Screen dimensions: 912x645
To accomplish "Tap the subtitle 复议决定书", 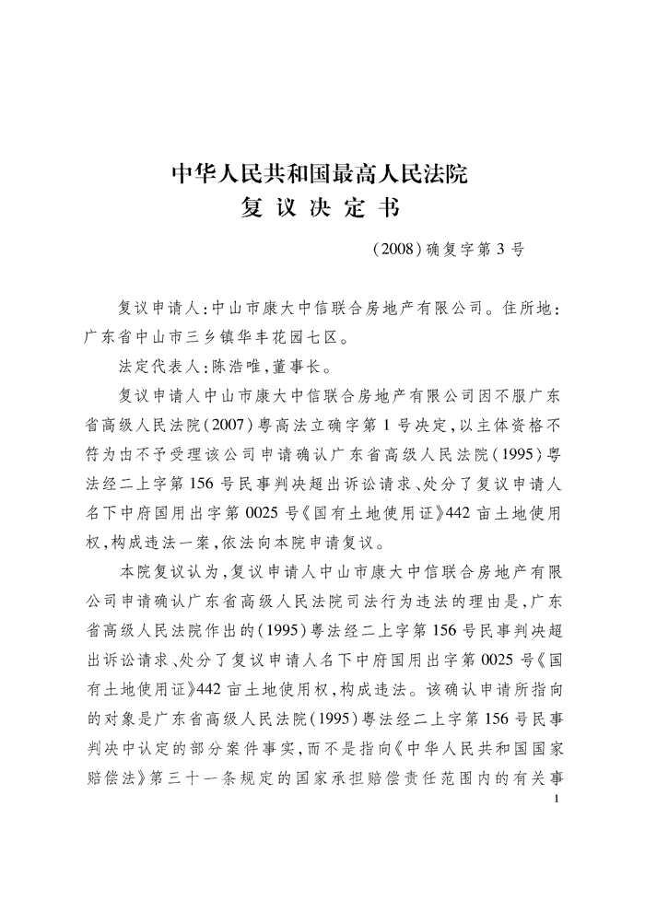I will point(322,209).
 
